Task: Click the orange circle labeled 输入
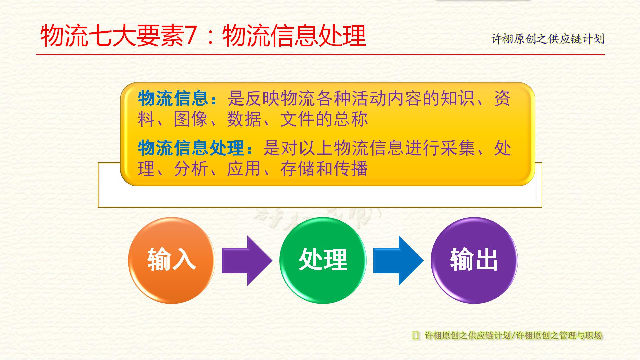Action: coord(171,260)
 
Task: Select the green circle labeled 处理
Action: coord(323,260)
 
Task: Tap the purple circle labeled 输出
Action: coord(474,260)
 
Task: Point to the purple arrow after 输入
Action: coord(247,260)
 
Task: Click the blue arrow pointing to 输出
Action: coord(398,260)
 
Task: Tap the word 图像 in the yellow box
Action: coord(191,119)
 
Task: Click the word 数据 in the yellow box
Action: coord(244,119)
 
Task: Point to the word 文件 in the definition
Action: coord(298,119)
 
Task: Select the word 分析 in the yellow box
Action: coord(191,169)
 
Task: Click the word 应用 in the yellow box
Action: coord(244,169)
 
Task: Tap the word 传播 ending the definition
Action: coord(350,169)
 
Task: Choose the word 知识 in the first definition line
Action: coord(458,99)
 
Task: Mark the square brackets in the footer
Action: coord(416,335)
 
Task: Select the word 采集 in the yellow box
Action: coord(458,148)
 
